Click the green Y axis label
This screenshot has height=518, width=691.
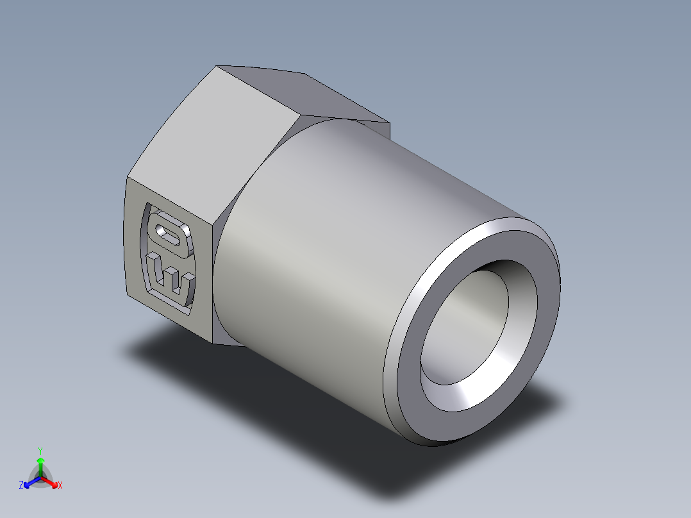point(40,451)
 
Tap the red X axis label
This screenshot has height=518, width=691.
point(60,486)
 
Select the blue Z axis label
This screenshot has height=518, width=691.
point(21,486)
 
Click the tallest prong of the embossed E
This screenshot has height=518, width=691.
point(154,269)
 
